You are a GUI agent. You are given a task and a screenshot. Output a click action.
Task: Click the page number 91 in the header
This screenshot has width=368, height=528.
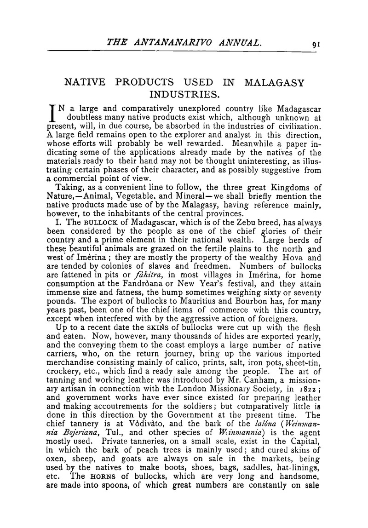click(x=315, y=45)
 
